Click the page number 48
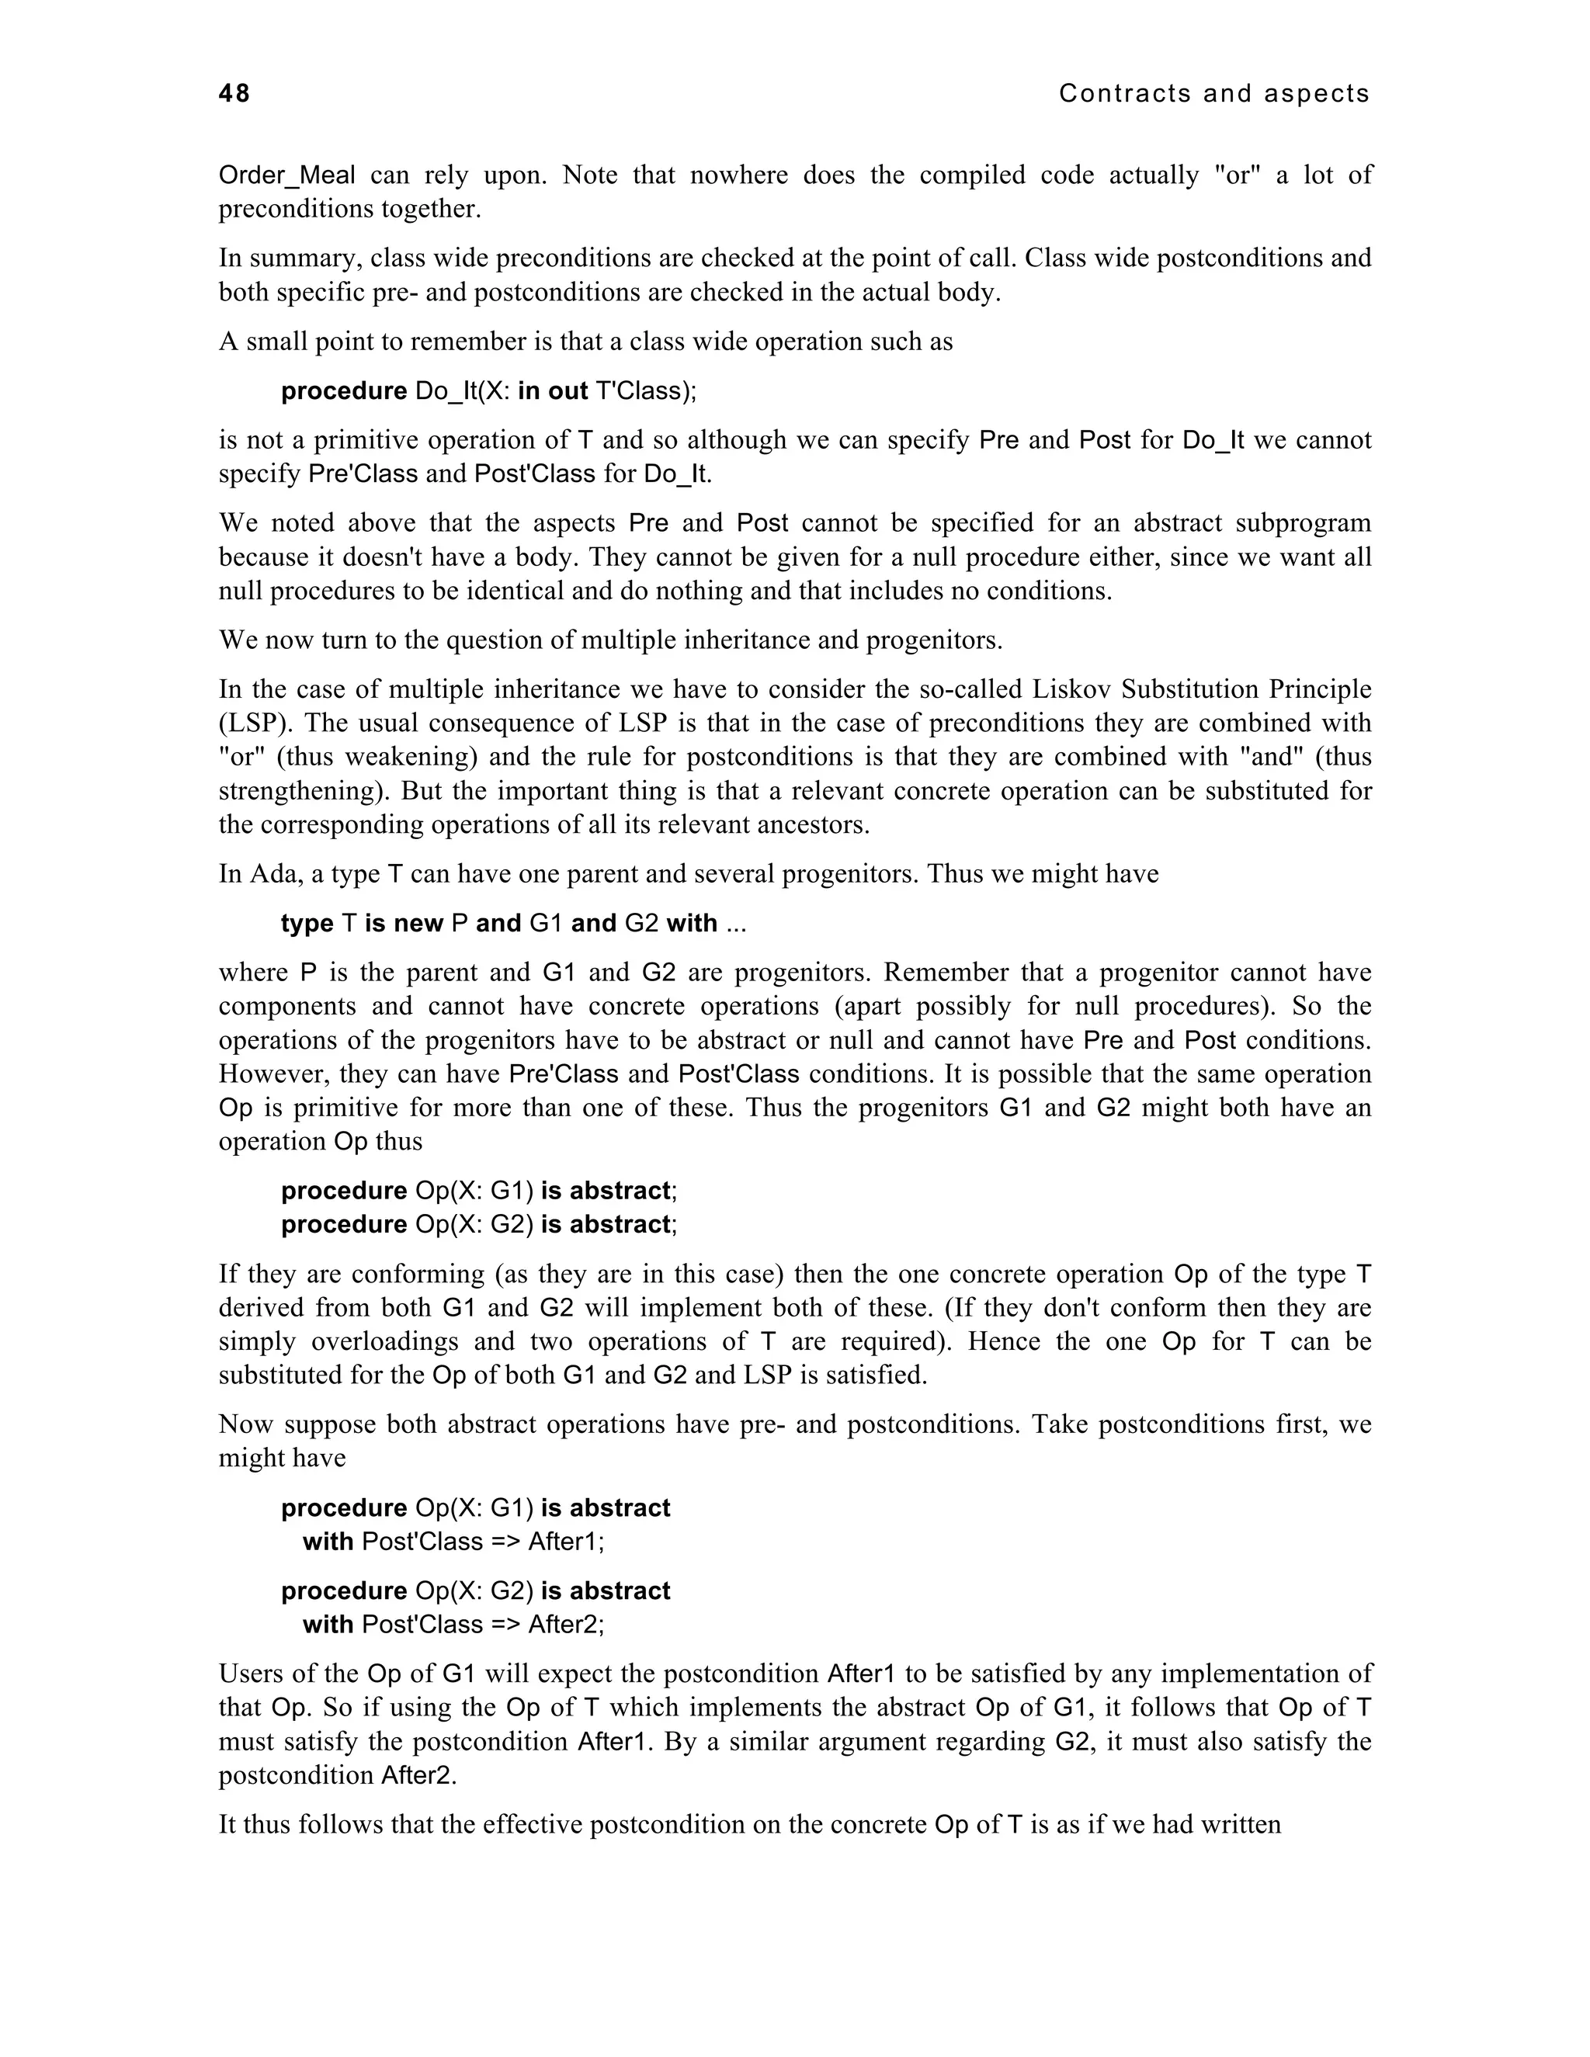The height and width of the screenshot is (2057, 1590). pos(234,93)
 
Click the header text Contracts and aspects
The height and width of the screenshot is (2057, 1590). pos(1213,93)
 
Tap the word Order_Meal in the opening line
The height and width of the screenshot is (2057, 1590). pos(287,175)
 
